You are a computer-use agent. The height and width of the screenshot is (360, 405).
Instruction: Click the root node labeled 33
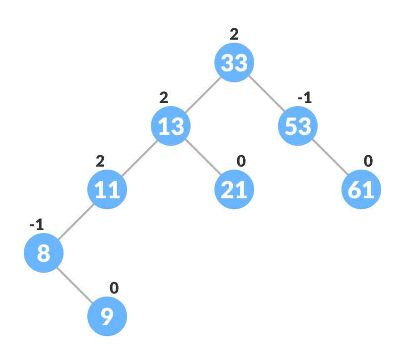[234, 62]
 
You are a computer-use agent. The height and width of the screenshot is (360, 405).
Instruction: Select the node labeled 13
[171, 126]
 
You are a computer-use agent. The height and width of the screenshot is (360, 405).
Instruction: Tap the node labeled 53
[298, 126]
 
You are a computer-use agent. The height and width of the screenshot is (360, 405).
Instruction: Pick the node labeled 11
[107, 189]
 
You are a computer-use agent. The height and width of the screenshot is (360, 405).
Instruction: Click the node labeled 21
[234, 189]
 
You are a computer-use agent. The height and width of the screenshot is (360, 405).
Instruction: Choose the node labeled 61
[361, 189]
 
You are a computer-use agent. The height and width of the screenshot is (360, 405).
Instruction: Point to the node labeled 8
[44, 253]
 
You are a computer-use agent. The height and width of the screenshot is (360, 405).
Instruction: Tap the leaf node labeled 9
[107, 316]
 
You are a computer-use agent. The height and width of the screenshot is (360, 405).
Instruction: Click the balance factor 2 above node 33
[234, 34]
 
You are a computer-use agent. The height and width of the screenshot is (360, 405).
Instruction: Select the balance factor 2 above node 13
[164, 98]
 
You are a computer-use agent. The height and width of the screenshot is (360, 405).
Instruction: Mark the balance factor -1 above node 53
[304, 98]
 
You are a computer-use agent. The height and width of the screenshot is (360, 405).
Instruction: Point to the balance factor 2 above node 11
[100, 161]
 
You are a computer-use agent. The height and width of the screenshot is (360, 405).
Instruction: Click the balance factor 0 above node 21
[241, 161]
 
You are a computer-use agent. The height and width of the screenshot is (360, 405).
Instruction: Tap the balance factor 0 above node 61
[368, 161]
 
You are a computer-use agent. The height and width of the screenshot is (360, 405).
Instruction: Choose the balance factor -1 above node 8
[37, 225]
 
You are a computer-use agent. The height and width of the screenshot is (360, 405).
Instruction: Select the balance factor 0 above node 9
[114, 288]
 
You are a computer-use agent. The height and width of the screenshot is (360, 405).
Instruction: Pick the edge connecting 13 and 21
[202, 158]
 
